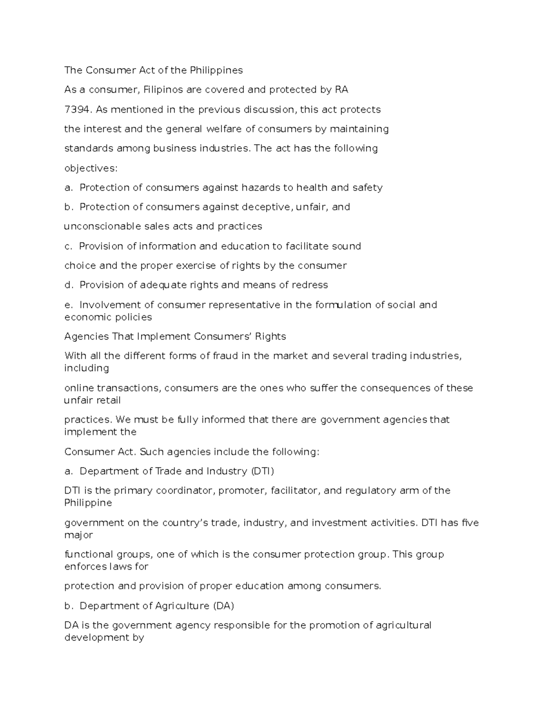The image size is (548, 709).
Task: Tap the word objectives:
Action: coord(91,168)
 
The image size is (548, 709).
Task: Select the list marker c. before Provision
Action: coord(68,247)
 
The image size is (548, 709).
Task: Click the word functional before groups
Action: coord(87,555)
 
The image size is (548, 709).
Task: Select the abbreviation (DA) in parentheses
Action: coord(223,606)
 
